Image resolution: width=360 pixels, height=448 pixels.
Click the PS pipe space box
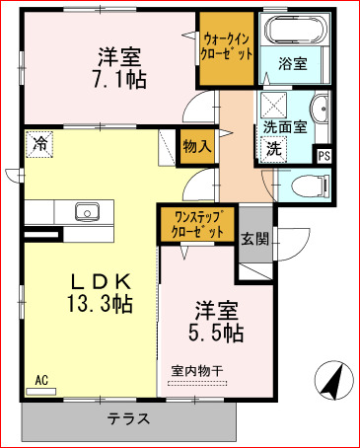[324, 154]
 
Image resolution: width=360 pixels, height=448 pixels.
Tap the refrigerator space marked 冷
[40, 144]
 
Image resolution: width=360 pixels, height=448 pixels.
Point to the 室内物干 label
[197, 370]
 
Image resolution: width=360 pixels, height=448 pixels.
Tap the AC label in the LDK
[41, 379]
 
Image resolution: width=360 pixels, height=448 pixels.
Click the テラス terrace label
[129, 418]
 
